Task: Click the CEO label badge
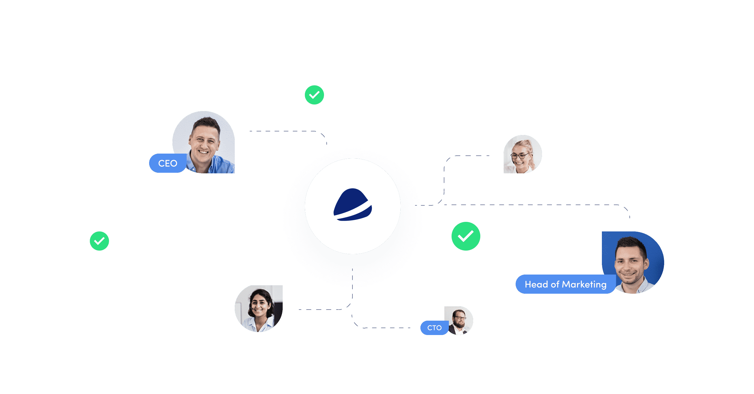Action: click(x=168, y=163)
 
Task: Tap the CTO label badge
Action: click(x=434, y=328)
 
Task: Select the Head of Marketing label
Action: click(x=565, y=284)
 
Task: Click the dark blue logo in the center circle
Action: click(x=353, y=205)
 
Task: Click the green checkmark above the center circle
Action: click(x=314, y=95)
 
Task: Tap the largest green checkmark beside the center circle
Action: click(x=466, y=236)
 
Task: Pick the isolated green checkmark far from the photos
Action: click(x=99, y=241)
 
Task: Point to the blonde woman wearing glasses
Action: click(x=522, y=154)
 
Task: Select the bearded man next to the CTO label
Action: click(x=459, y=320)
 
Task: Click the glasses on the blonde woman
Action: click(x=520, y=156)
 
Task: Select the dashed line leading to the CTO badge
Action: click(x=386, y=328)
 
